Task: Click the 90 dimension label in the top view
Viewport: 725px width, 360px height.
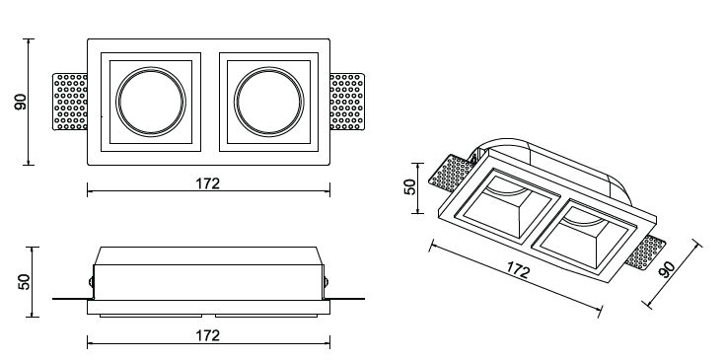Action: tap(21, 102)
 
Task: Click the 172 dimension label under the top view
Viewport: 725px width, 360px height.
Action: tap(207, 183)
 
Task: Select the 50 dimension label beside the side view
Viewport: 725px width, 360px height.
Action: tap(24, 282)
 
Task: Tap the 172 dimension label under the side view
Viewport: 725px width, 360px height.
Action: tap(207, 335)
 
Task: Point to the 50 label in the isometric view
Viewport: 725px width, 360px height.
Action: tap(410, 186)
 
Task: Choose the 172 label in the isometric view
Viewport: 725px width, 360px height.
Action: tap(518, 270)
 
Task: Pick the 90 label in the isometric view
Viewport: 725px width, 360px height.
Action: tap(667, 269)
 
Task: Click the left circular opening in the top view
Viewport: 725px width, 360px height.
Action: tap(151, 102)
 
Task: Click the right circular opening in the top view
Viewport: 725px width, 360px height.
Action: tap(269, 102)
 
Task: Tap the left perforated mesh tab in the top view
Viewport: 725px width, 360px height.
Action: tap(70, 102)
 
